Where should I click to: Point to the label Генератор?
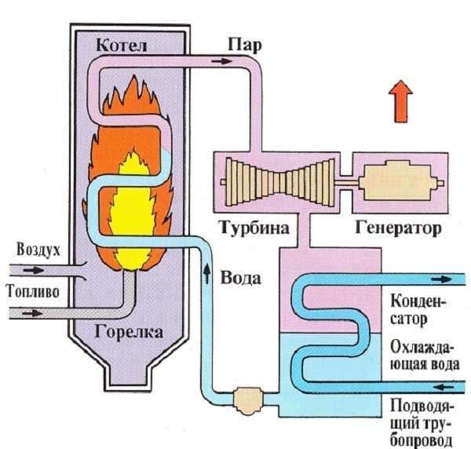(x=398, y=229)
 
